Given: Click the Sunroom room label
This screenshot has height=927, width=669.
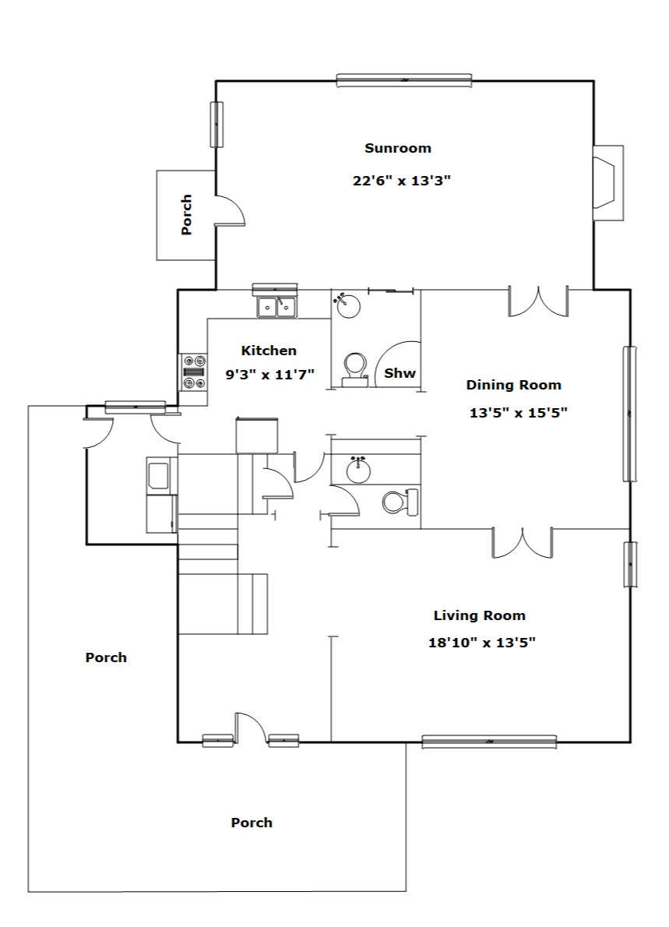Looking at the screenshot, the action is [x=398, y=148].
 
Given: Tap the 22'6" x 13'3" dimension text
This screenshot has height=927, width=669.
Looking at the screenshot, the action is [x=402, y=180].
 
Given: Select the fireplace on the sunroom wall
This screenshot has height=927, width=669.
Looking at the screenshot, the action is [x=608, y=183].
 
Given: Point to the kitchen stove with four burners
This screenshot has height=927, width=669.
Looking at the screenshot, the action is [x=194, y=372].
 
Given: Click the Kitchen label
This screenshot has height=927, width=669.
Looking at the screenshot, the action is [x=269, y=351].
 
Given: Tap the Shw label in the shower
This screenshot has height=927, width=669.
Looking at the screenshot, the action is [x=400, y=373].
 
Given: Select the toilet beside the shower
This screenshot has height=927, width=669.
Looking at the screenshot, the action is [x=355, y=369].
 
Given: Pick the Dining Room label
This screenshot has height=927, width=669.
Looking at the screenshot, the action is [x=513, y=385].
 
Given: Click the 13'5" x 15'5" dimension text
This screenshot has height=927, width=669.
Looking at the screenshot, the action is [x=518, y=413].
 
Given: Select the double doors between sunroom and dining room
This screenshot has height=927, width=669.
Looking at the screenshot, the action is [x=538, y=301].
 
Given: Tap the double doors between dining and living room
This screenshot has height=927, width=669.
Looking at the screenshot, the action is [x=523, y=543].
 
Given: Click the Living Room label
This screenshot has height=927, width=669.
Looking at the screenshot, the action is [x=479, y=615].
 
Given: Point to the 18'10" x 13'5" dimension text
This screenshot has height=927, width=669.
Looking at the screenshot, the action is [x=482, y=643].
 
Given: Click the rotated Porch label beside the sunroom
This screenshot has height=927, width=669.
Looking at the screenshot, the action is [x=186, y=214].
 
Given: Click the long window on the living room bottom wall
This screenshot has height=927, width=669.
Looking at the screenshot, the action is [x=489, y=742].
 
